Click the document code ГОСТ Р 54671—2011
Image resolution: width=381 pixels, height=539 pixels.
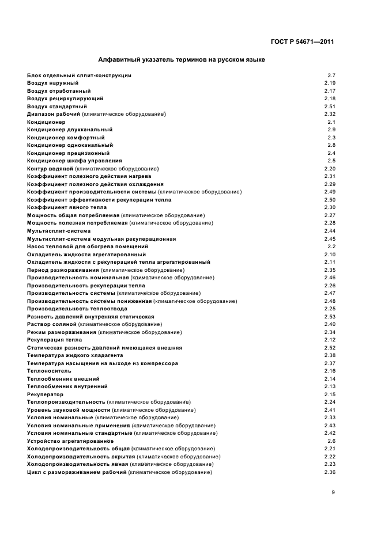(303, 41)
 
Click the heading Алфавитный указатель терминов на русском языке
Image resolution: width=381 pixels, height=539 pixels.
(182, 59)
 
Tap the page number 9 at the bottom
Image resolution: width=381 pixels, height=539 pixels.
(333, 492)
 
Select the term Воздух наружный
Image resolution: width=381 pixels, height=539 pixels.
(52, 83)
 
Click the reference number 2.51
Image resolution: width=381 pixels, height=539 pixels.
(330, 107)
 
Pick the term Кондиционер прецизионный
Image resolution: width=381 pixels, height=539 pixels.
(68, 153)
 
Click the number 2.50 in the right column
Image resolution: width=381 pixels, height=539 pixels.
(330, 200)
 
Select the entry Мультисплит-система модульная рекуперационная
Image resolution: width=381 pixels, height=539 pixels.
(101, 238)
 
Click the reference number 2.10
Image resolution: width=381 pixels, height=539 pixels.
(330, 254)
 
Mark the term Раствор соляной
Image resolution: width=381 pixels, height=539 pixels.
(52, 324)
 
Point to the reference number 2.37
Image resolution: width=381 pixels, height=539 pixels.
(330, 363)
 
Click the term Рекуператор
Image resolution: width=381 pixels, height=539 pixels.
(45, 394)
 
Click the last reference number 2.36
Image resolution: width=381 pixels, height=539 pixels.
(330, 472)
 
